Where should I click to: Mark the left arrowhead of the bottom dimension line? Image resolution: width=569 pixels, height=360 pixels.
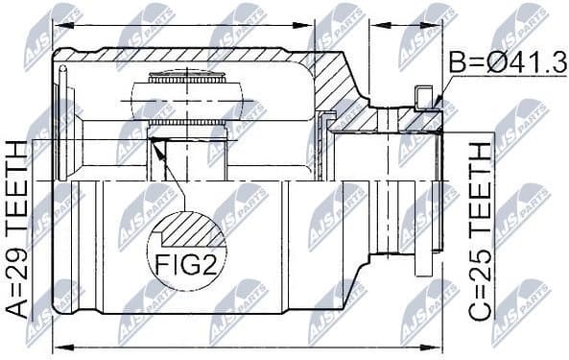(x=57, y=347)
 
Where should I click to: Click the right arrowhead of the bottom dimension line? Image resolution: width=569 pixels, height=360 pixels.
(x=437, y=347)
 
